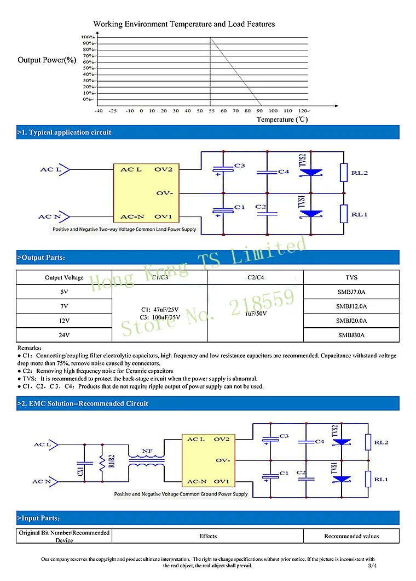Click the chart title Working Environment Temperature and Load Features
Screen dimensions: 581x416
point(184,24)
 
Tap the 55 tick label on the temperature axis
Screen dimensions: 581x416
point(211,111)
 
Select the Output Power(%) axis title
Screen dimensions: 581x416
point(47,60)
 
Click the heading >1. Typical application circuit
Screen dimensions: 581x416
point(65,132)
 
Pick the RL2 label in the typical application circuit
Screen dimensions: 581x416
point(359,173)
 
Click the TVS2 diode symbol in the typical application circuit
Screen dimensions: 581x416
point(310,172)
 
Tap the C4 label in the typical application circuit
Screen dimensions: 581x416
point(283,172)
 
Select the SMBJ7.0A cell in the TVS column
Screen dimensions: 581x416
point(351,292)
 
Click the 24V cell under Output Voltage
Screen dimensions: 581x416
point(64,334)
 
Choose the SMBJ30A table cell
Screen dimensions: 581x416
point(351,334)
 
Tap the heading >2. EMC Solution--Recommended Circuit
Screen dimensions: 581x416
point(83,403)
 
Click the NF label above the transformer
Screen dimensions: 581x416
point(147,452)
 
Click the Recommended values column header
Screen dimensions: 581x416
point(351,536)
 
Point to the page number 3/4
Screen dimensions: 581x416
point(373,565)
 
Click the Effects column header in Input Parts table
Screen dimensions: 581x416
point(208,536)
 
